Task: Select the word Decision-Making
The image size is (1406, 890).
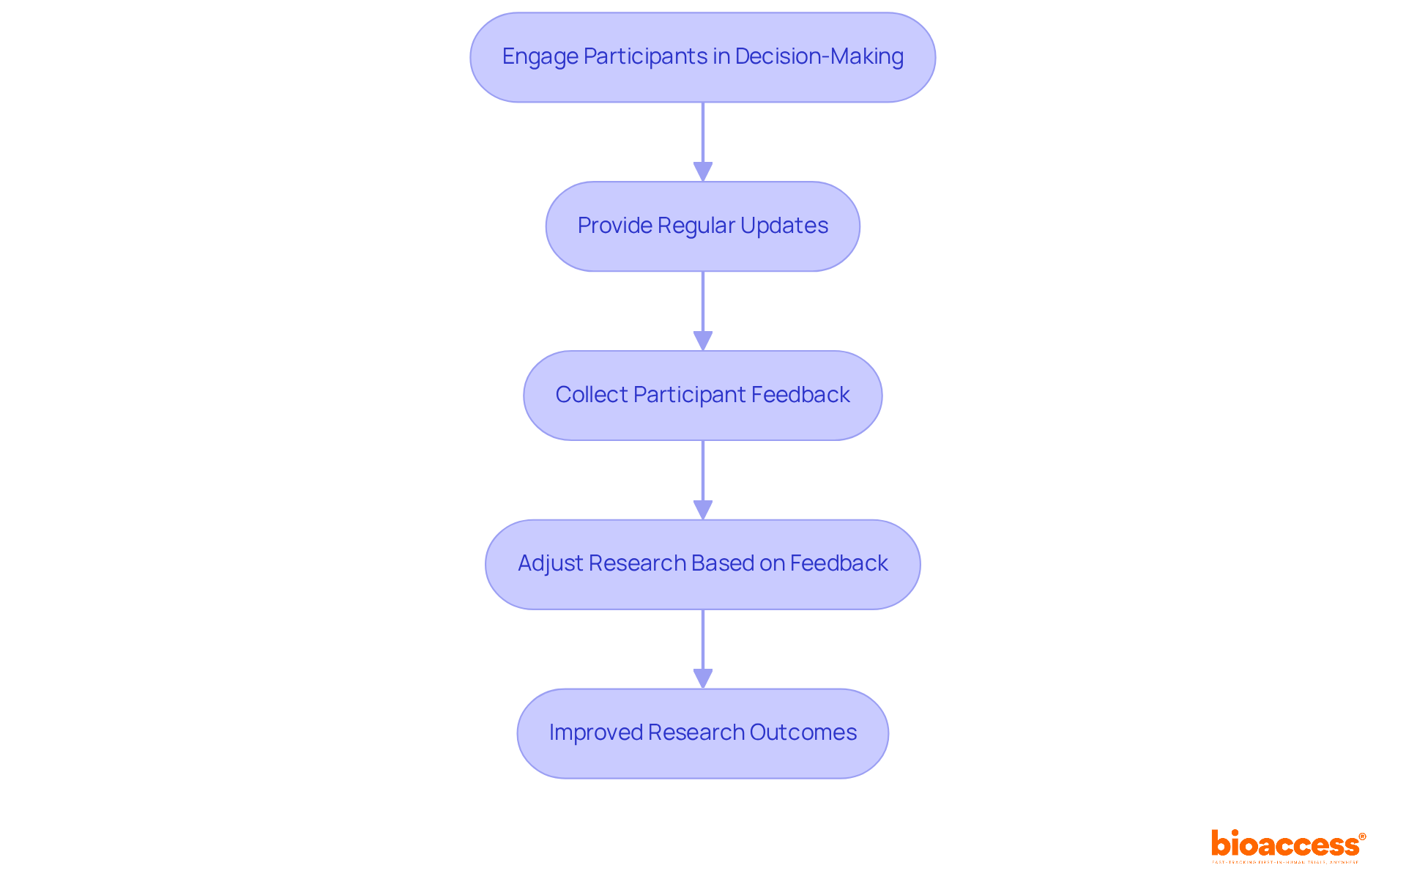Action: click(x=819, y=56)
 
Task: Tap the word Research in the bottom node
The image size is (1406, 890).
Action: click(x=696, y=733)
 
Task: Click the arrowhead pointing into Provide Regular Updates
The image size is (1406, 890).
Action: click(x=703, y=172)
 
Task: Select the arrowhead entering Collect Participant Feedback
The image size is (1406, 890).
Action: click(x=703, y=341)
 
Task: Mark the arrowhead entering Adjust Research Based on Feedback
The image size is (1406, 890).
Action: click(x=703, y=511)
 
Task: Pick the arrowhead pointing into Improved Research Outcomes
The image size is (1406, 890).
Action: click(x=703, y=679)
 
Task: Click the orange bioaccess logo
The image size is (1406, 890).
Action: click(x=1284, y=845)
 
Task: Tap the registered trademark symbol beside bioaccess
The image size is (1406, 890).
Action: click(x=1362, y=837)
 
